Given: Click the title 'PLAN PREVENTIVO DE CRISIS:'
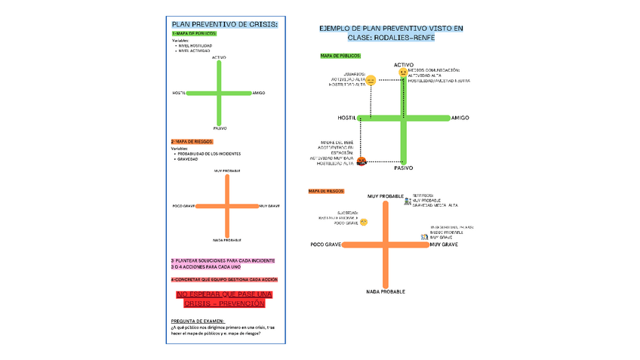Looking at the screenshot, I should point(225,25).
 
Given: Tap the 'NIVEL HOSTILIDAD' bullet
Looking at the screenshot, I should point(195,46).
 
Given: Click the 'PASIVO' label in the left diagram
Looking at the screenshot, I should point(220,128).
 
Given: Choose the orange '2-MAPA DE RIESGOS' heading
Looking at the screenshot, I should point(192,142).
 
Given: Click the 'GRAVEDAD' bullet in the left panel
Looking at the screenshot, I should point(188,159).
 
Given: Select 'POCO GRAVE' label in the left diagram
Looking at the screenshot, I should point(184,206).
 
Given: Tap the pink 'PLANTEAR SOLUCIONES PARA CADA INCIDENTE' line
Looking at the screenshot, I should point(223,260).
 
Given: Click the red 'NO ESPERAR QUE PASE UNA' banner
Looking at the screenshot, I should point(224,294).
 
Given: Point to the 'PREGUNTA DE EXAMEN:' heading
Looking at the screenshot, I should point(198,322).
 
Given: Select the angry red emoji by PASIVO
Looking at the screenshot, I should point(362,161).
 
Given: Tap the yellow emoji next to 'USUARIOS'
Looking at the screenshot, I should point(371,79).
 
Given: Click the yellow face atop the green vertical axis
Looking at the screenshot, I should point(404,72).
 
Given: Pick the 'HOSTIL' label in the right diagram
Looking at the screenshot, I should point(346,118).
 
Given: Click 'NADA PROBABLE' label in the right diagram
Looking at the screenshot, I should point(386,291).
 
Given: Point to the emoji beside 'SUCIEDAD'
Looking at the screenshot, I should point(364,222).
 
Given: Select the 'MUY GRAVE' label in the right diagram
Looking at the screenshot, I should point(445,245).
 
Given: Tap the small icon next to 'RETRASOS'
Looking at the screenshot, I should point(408,201).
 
